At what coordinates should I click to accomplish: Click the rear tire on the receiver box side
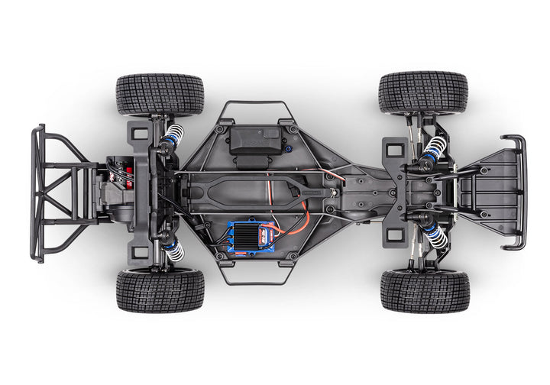tap(160, 94)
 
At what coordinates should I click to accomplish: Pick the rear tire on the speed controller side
tap(160, 290)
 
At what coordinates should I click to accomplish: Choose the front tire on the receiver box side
tap(422, 92)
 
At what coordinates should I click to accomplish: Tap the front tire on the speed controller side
tap(424, 291)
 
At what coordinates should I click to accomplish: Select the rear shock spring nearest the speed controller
tap(173, 247)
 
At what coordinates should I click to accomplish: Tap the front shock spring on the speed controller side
tap(435, 237)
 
